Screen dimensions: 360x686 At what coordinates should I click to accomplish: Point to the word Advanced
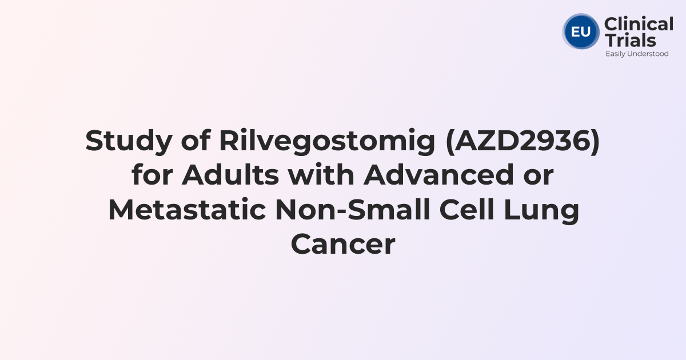click(x=439, y=175)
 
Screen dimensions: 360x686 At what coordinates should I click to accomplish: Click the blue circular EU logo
click(x=581, y=31)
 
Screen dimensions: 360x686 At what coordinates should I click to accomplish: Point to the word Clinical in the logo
click(x=639, y=25)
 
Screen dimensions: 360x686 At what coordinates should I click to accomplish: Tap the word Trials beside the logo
click(x=630, y=40)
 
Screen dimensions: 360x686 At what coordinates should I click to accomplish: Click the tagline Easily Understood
click(x=637, y=54)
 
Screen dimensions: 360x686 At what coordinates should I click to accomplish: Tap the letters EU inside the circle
click(x=581, y=31)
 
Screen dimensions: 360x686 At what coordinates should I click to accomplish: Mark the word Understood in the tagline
click(x=648, y=54)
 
